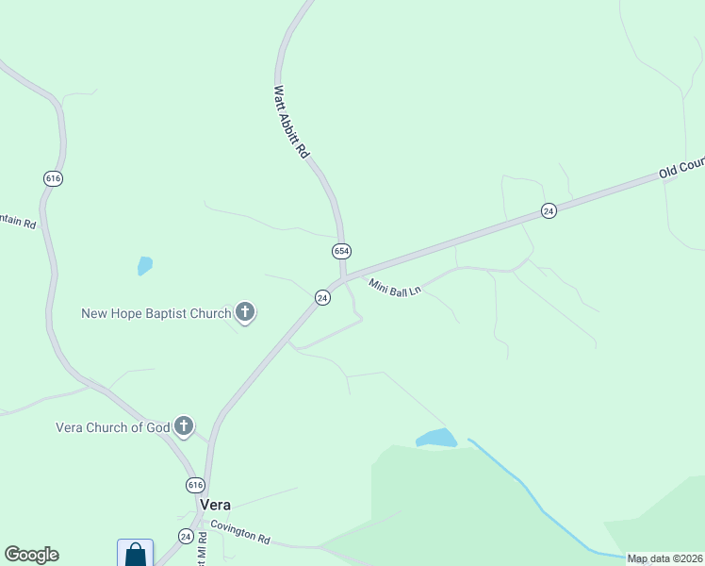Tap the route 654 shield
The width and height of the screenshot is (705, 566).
point(341,251)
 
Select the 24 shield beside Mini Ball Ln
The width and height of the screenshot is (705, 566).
point(322,297)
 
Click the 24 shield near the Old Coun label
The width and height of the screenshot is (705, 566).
point(549,211)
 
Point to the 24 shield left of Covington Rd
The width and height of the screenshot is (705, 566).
point(186,536)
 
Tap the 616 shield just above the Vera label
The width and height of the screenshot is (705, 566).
point(194,485)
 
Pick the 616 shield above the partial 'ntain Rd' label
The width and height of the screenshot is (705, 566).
point(53,178)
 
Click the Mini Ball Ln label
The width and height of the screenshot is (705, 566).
point(394,289)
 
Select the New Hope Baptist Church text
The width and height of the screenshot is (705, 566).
point(156,313)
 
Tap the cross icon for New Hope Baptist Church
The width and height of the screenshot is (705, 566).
point(245,312)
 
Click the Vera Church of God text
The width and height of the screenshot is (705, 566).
point(113,427)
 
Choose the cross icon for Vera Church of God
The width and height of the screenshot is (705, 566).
point(184,426)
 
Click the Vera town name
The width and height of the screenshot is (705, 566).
point(214,505)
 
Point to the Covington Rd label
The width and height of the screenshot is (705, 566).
point(240,533)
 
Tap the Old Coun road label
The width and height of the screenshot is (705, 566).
point(681,169)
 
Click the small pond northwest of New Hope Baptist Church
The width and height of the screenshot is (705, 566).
point(144,266)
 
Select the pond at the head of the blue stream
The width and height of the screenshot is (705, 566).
point(436,439)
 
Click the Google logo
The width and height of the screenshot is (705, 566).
point(32,555)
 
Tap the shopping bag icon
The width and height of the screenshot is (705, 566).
point(135,554)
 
